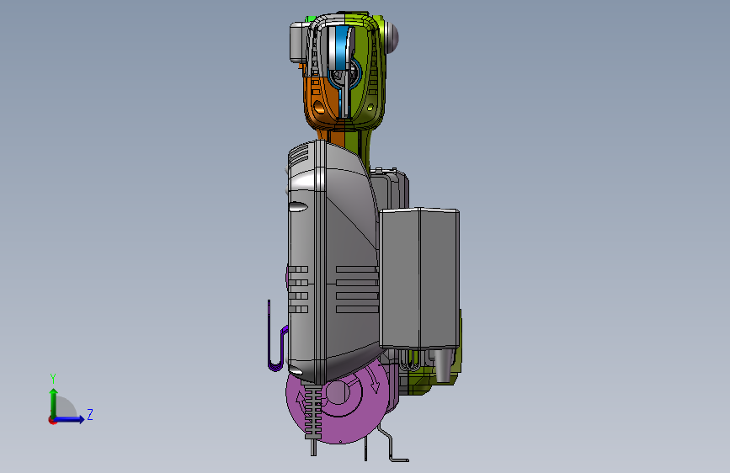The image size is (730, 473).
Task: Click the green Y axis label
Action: click(x=53, y=379)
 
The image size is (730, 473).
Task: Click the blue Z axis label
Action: click(x=90, y=414)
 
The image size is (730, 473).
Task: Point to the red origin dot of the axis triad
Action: click(x=52, y=420)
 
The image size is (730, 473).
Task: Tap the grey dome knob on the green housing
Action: click(x=392, y=36)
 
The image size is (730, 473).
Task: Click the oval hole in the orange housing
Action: click(x=319, y=108)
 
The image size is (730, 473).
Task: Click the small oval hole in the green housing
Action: click(x=370, y=108)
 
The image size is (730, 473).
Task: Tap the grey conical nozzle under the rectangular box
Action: click(x=443, y=365)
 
